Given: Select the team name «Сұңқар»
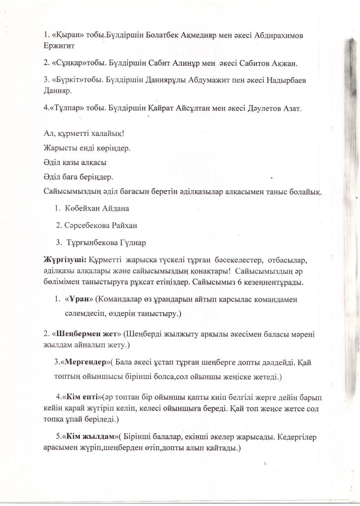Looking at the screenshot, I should coord(69,63).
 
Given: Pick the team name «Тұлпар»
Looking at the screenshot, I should coord(68,108).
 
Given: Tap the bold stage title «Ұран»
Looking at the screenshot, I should coord(78,299).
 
